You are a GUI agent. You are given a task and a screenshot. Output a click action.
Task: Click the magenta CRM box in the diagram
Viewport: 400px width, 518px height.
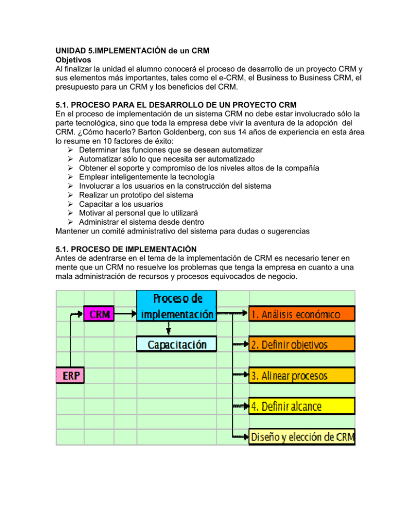click(x=99, y=314)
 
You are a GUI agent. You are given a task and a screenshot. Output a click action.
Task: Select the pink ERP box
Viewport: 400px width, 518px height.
click(x=71, y=375)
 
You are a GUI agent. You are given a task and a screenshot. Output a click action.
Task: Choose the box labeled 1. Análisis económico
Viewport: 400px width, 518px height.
click(x=302, y=314)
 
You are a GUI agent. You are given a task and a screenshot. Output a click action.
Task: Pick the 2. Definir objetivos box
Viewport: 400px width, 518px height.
click(x=302, y=344)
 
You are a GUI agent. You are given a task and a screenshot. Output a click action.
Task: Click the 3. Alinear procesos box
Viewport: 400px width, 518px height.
click(x=302, y=375)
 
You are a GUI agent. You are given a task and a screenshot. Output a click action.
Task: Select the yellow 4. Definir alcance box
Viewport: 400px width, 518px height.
click(x=302, y=405)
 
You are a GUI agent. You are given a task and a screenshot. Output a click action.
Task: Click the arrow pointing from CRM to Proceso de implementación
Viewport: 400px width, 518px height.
click(x=126, y=314)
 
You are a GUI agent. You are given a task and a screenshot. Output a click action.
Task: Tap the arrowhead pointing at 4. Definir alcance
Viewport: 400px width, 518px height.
click(x=245, y=405)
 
